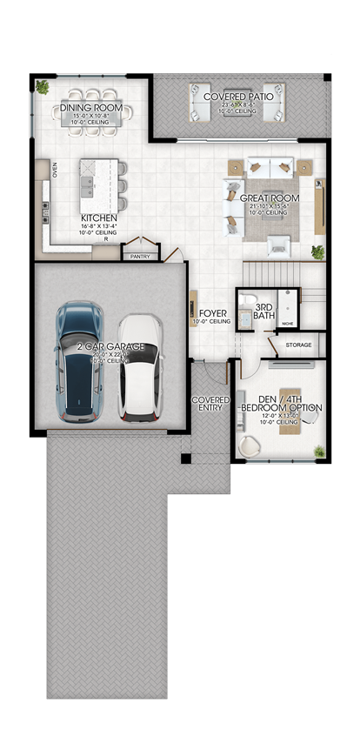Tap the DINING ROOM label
point(91,109)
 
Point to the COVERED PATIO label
point(238,97)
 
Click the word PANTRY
point(138,257)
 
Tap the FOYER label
point(213,312)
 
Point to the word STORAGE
point(297,345)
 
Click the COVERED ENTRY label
point(210,404)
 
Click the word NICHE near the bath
point(288,324)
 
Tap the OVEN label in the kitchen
point(55,169)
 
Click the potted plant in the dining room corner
point(43,86)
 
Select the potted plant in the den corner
point(319,451)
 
